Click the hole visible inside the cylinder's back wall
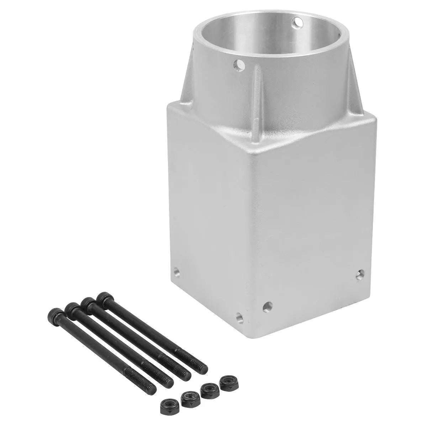pyautogui.click(x=297, y=23)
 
